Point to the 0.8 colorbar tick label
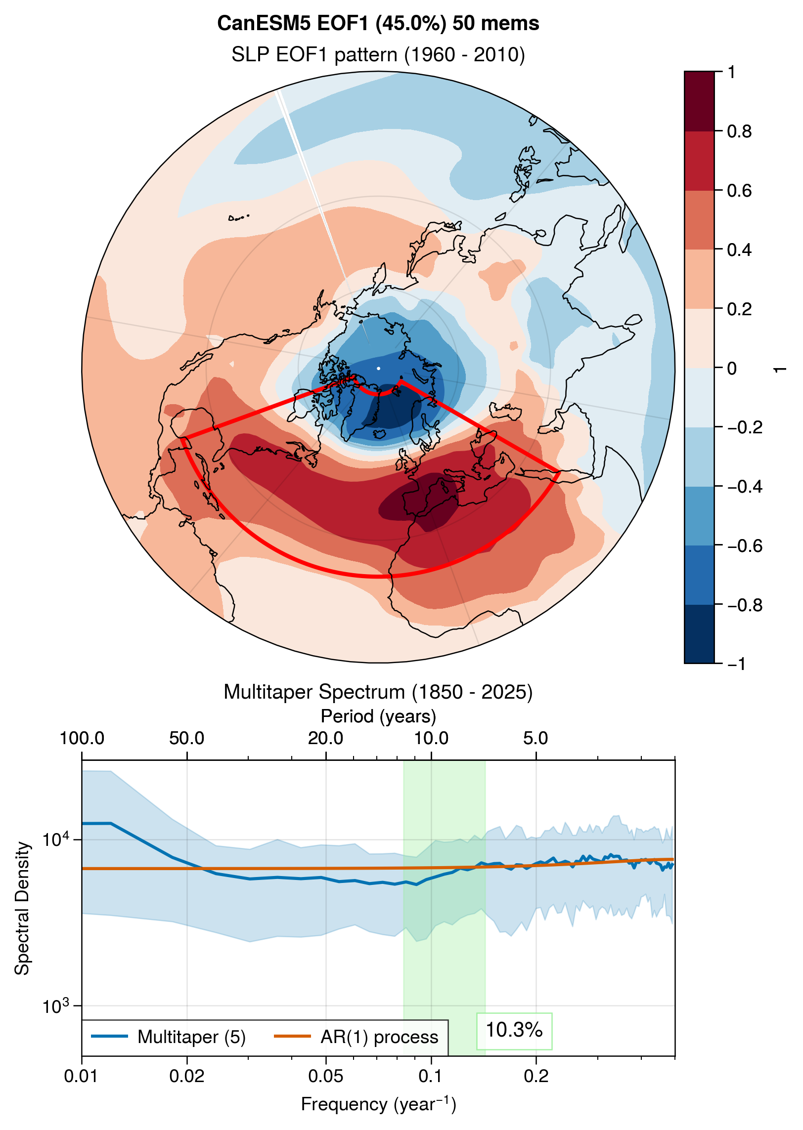(739, 131)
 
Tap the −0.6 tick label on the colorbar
(745, 546)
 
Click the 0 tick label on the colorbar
(732, 369)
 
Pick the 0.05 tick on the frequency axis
(326, 1076)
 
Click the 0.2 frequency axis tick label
(536, 1076)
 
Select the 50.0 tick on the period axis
(186, 738)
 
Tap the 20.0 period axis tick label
(325, 738)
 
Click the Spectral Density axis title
(22, 908)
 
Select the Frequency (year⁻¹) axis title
(378, 1104)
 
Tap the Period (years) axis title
(378, 716)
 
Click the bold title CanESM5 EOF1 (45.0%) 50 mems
(378, 23)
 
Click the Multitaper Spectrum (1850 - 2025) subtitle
(378, 692)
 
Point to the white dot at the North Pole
(379, 368)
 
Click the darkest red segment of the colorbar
(699, 101)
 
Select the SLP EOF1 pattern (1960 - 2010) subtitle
(378, 54)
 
